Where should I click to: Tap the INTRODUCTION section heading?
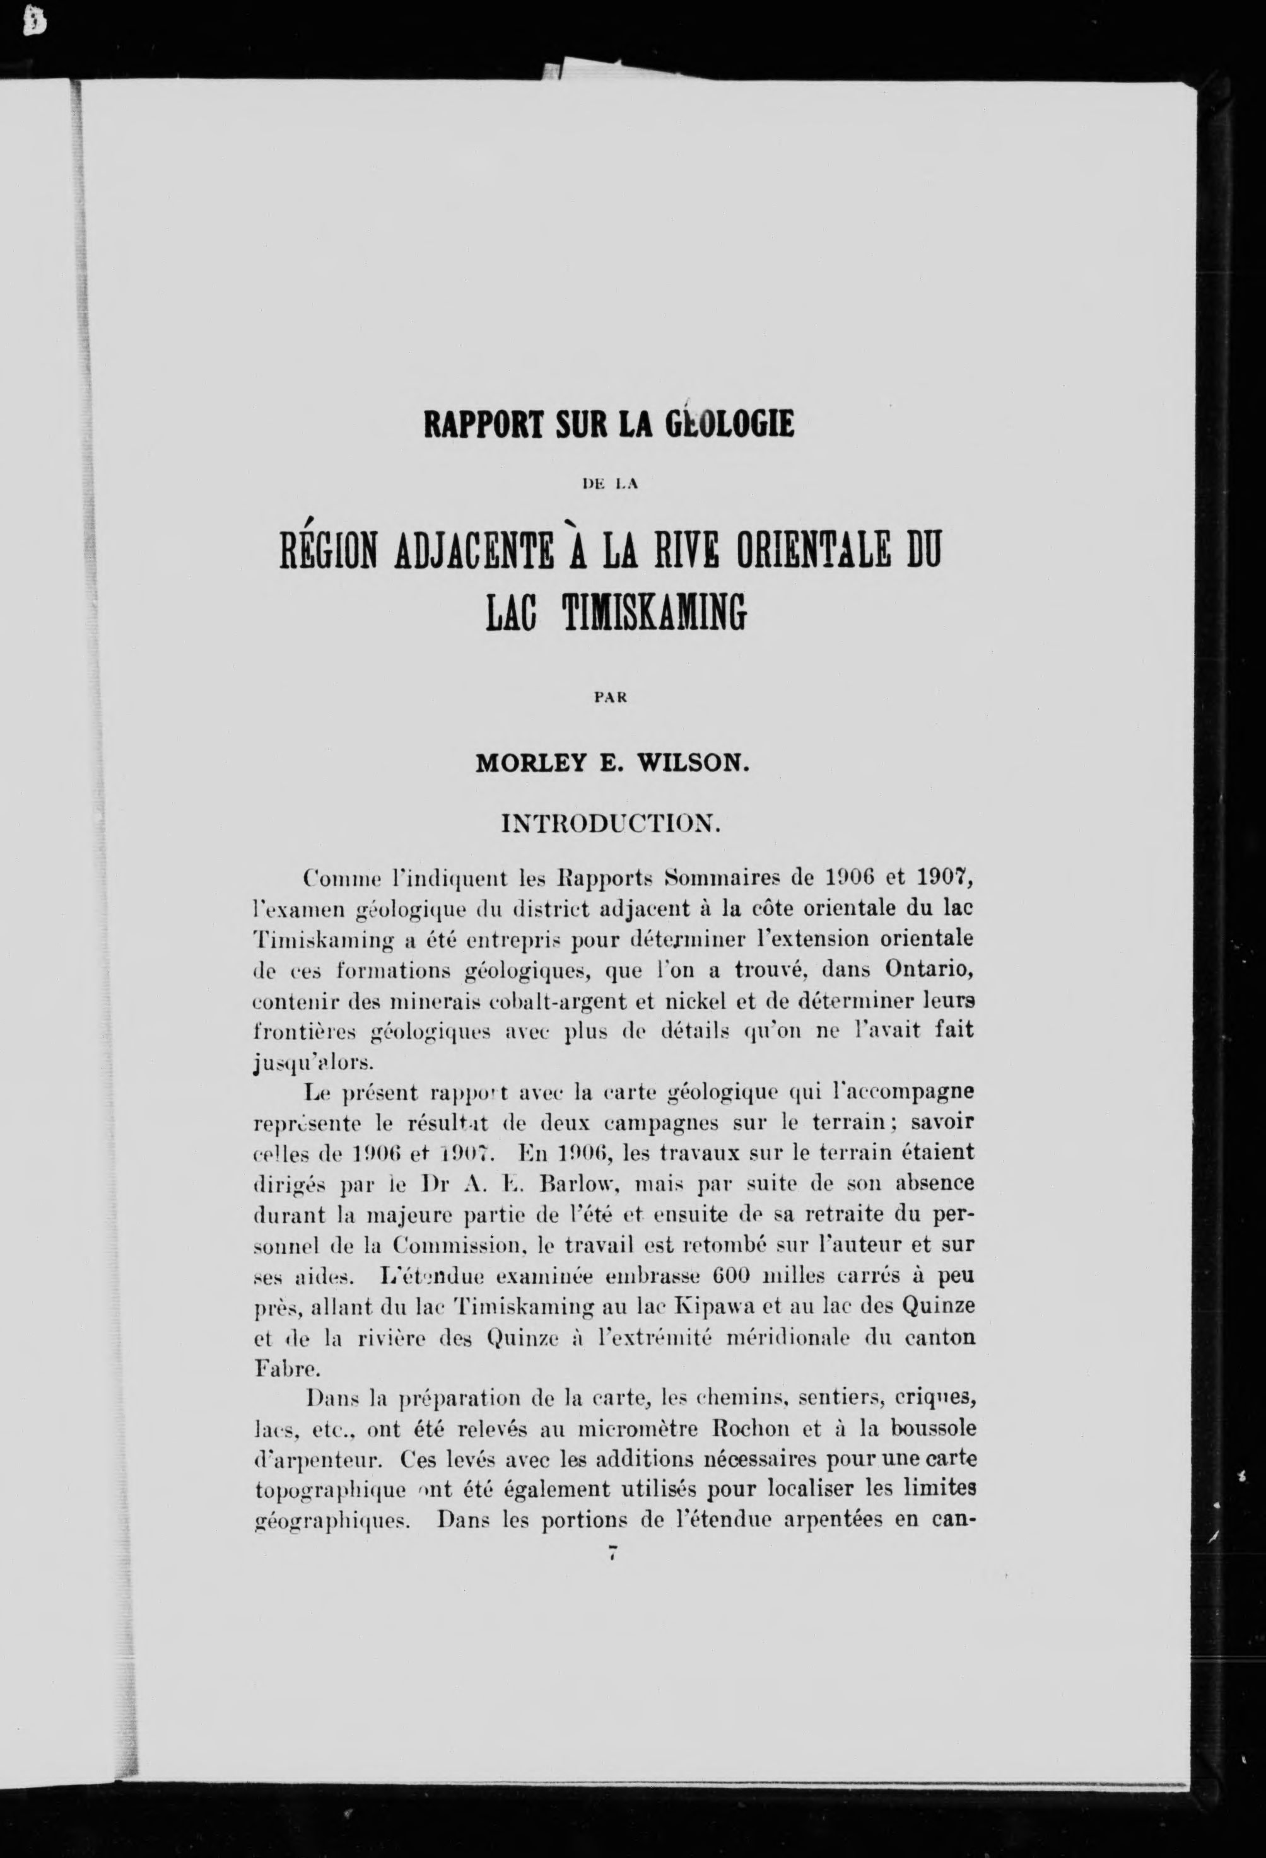[x=611, y=823]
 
